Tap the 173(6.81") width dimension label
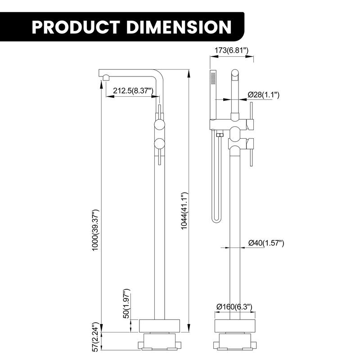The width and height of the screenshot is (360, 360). [232, 50]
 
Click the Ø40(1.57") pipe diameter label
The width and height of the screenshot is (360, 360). [266, 243]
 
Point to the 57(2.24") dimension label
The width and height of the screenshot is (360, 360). [95, 337]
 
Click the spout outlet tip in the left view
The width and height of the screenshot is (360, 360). [105, 77]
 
